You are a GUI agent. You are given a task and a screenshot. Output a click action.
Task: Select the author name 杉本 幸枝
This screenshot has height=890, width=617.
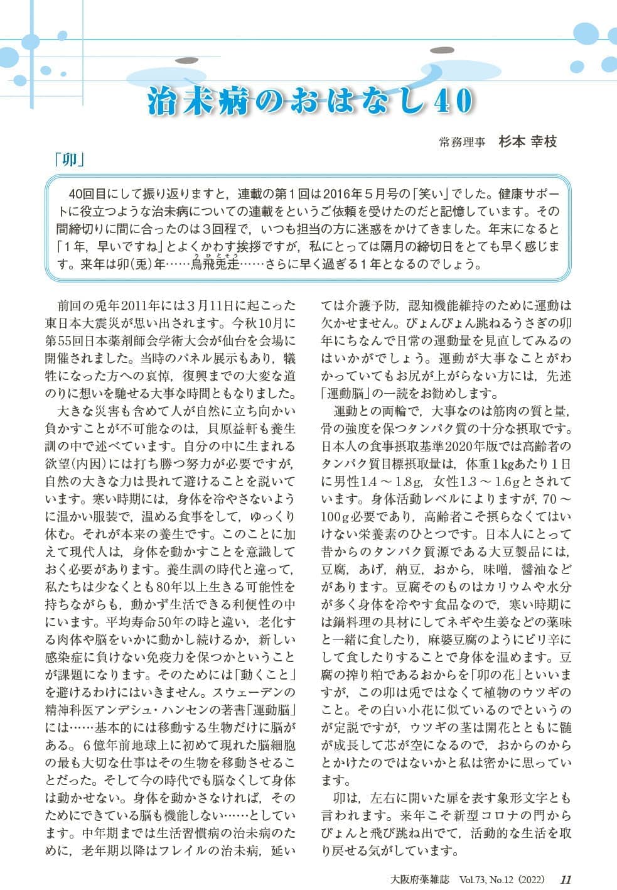tap(527, 141)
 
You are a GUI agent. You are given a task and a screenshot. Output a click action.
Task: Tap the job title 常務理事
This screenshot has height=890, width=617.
tap(463, 143)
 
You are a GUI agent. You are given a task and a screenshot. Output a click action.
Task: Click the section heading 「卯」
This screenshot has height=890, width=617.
tap(69, 160)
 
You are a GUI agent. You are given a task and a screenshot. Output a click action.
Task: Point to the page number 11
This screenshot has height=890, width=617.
tap(565, 879)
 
